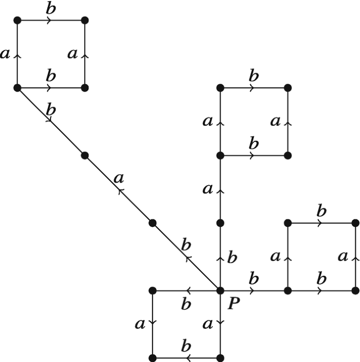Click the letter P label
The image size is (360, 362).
tap(232, 304)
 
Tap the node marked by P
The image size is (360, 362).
tap(220, 290)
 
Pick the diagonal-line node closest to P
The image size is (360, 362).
tap(152, 223)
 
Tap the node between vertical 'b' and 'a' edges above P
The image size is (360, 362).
tap(220, 223)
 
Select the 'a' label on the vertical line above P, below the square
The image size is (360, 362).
tap(208, 188)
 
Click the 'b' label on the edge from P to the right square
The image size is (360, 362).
tap(254, 278)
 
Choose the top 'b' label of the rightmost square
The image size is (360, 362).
tap(321, 212)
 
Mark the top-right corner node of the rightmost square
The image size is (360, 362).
tap(355, 223)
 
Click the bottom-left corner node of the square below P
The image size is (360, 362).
tap(152, 358)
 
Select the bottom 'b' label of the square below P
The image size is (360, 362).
tap(186, 346)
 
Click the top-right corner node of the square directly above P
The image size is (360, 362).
tap(287, 87)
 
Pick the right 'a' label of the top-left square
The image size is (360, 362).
tap(73, 54)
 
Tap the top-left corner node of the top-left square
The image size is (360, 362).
tap(17, 20)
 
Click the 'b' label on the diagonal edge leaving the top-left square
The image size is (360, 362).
tap(51, 110)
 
